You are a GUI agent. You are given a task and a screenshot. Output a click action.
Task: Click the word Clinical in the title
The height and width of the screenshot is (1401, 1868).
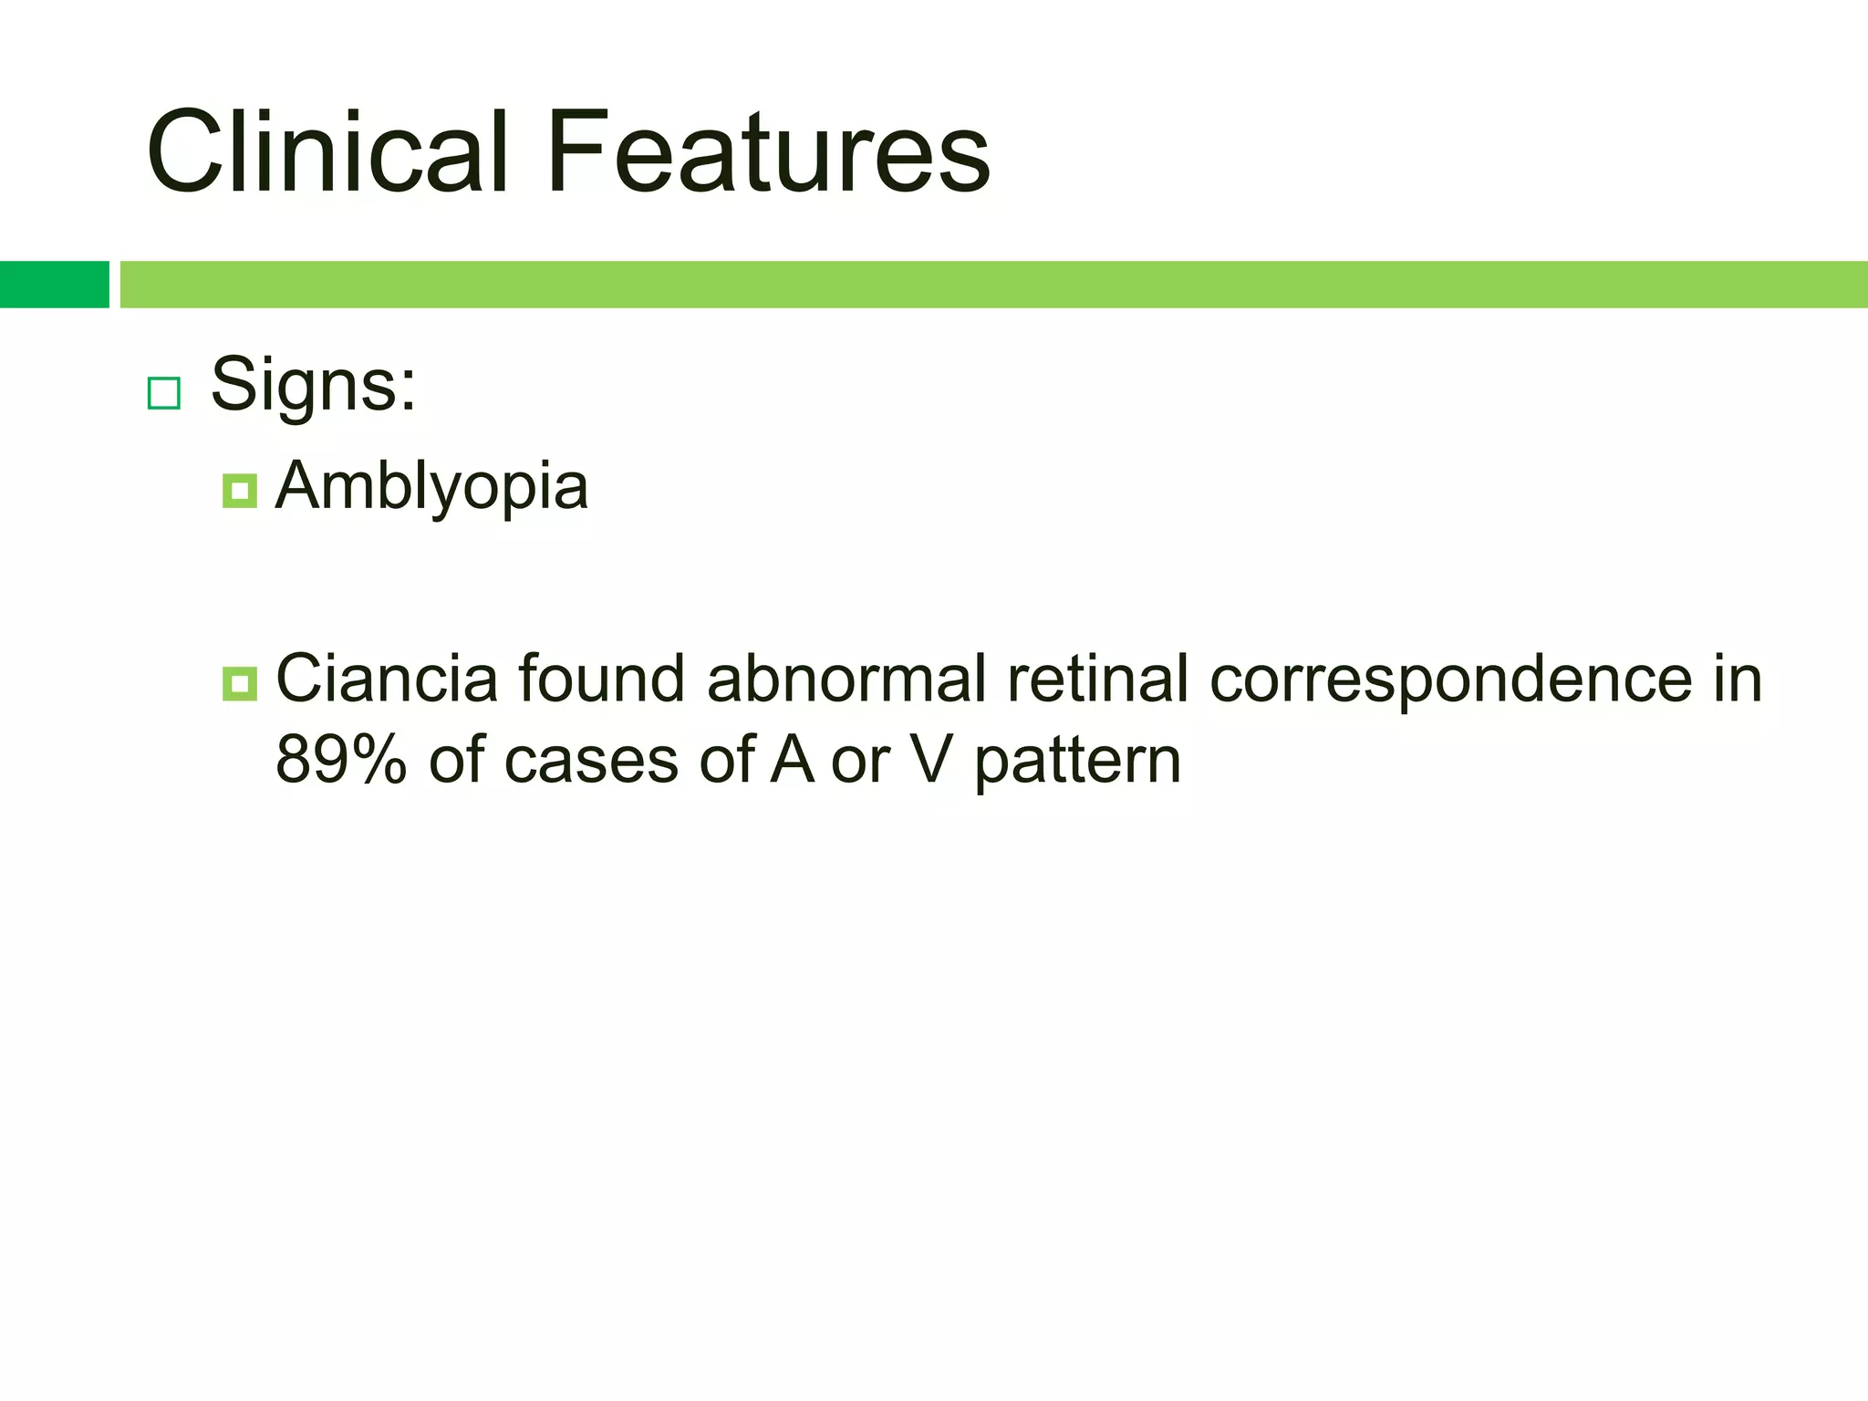point(326,151)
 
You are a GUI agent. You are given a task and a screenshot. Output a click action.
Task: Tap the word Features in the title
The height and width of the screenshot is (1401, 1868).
point(768,151)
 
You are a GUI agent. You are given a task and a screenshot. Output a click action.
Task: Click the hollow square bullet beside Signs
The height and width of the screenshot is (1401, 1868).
point(164,393)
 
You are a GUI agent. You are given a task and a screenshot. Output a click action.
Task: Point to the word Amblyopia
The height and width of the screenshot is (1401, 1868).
point(431,487)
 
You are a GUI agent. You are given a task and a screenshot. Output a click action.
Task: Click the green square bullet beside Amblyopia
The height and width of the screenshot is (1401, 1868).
point(239,491)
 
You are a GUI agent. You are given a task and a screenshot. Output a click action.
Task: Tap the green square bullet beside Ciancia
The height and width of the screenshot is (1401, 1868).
point(239,683)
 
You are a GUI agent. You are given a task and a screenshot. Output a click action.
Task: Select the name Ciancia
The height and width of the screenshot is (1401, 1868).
point(387,679)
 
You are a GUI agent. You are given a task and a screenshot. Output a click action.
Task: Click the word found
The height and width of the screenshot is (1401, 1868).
point(601,679)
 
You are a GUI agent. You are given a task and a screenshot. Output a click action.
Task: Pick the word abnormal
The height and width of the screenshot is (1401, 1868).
point(846,679)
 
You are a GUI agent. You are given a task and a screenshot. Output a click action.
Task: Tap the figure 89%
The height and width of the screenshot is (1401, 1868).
point(340,760)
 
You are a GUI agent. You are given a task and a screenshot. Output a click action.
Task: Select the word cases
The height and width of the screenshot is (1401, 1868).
point(591,762)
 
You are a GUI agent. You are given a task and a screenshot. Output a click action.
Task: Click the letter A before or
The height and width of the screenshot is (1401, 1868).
point(792,760)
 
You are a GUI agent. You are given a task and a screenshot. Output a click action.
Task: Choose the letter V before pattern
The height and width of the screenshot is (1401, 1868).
point(931,760)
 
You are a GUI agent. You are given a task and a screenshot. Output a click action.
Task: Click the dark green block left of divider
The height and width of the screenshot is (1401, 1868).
point(54,285)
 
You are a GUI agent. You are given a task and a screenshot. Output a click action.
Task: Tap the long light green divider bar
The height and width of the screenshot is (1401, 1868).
point(992,285)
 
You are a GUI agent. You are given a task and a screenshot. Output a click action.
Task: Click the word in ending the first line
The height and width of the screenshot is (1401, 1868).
point(1738,679)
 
